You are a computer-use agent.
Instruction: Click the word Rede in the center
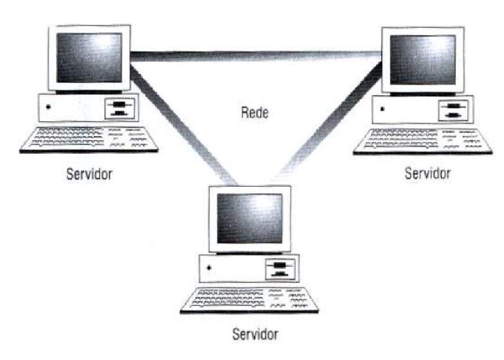(254, 112)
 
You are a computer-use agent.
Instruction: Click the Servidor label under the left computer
(89, 173)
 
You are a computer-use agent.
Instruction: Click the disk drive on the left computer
(119, 107)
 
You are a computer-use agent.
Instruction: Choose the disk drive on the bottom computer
(280, 269)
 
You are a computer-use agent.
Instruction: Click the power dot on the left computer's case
(48, 107)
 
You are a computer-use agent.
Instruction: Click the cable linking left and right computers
(255, 56)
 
